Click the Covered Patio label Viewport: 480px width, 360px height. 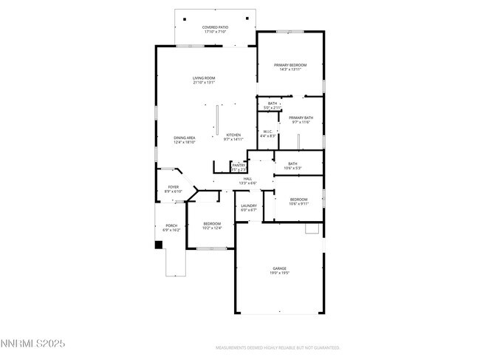216,30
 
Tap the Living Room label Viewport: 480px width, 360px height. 204,80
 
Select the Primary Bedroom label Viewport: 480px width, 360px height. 289,67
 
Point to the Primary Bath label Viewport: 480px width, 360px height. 301,120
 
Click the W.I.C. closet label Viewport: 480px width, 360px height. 268,134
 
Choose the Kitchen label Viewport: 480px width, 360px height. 233,137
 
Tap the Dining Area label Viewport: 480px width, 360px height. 185,140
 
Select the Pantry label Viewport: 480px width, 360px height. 239,167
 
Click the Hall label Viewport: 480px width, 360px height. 247,180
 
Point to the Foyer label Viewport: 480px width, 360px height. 174,189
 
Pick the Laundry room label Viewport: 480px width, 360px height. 249,208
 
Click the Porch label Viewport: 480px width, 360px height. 171,228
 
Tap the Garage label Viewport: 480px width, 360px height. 279,271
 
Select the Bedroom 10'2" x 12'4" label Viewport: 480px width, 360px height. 212,225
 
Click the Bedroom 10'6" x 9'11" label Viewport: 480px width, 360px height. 298,201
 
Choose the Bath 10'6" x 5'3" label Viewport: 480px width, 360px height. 292,166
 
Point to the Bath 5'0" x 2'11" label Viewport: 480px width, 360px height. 272,106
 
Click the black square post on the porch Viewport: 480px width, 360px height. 158,245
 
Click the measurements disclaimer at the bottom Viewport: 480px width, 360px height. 277,347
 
